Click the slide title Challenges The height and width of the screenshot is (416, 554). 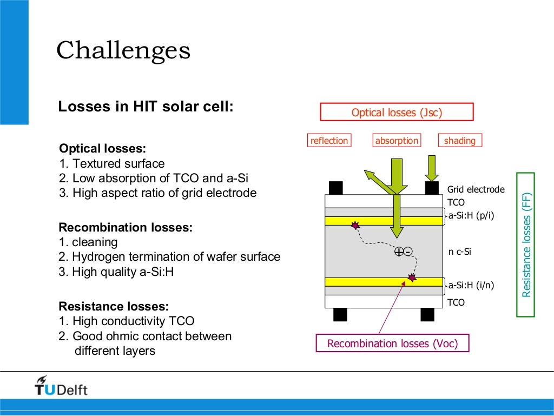pos(123,51)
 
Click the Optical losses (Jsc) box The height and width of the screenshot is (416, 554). pos(397,113)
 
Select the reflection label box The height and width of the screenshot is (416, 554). pos(329,141)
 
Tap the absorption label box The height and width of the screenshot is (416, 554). pos(397,141)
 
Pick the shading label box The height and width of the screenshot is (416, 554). pos(459,141)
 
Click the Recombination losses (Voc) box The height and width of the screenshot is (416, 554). pos(392,344)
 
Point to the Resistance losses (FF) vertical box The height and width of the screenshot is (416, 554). pos(526,245)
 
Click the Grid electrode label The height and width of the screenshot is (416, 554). pos(476,189)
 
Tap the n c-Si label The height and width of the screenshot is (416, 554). pos(460,252)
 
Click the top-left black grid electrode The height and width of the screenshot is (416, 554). pos(335,188)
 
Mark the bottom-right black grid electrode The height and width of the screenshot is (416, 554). pos(427,314)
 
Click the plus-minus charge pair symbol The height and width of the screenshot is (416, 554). pos(403,252)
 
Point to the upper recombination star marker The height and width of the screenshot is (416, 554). pos(355,224)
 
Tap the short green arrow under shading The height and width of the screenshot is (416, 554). pos(431,168)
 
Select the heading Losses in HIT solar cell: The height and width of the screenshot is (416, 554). pos(146,107)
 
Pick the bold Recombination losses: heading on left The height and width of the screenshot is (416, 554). pos(126,228)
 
